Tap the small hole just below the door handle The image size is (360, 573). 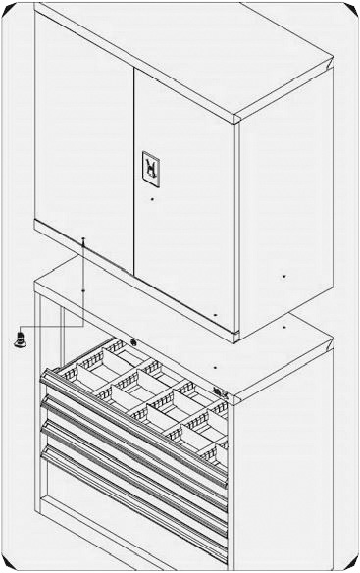(152, 200)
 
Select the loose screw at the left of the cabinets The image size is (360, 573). (22, 339)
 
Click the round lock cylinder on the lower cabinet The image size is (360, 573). (133, 342)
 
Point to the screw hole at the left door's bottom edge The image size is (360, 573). (84, 238)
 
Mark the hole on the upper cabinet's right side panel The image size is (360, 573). (283, 277)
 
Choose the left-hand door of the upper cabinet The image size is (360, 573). (83, 128)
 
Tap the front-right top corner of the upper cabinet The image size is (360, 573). (238, 120)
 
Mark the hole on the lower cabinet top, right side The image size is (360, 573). (283, 320)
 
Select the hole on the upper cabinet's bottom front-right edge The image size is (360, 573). (216, 314)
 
